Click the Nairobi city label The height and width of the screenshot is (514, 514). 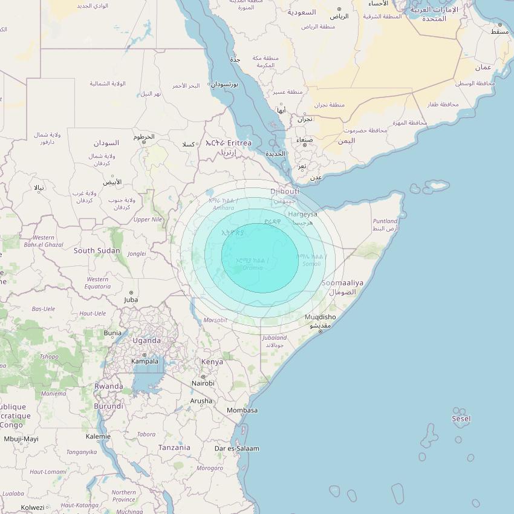203,383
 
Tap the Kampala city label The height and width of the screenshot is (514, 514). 145,362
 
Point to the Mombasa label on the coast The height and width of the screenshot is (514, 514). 242,411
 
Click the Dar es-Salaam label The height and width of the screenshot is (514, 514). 237,449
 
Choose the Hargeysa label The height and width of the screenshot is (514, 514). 302,214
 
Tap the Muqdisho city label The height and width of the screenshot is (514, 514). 320,317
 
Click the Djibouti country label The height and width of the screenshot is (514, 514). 284,192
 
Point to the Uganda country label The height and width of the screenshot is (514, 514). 146,340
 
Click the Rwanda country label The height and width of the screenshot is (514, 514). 109,386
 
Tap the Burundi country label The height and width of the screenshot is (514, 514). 109,406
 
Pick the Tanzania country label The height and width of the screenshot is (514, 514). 174,447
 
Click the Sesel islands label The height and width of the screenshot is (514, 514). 461,418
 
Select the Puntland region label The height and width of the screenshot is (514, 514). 385,221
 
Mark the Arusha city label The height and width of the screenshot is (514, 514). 201,401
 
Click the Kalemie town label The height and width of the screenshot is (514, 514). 98,437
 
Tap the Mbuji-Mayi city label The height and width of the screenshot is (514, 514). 21,439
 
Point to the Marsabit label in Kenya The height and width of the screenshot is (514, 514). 216,320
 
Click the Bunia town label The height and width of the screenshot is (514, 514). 112,333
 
